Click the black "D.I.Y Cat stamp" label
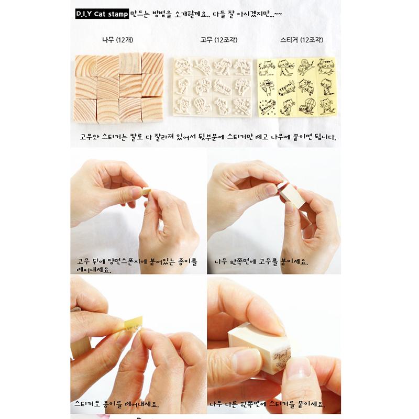coord(102,14)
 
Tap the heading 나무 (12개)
coord(117,40)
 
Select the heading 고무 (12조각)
coord(219,40)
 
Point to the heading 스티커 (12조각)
coord(302,40)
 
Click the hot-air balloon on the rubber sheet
coord(202,105)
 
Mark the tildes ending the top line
coord(278,14)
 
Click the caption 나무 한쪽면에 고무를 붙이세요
coord(261,261)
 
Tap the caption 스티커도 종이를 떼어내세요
coord(117,404)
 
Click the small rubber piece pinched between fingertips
coord(146,192)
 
